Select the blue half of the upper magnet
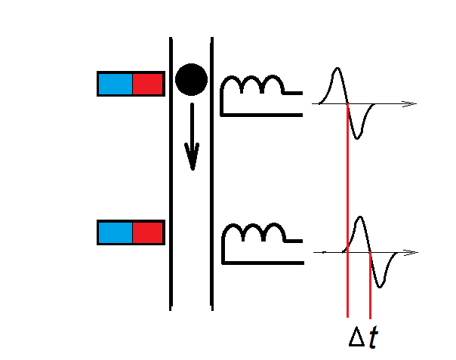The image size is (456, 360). [115, 83]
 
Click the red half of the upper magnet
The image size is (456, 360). [148, 83]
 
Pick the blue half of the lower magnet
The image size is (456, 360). [115, 232]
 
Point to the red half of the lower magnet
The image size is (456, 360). [148, 232]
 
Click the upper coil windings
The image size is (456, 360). [252, 86]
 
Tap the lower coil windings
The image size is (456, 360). [252, 235]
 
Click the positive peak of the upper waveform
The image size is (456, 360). [337, 70]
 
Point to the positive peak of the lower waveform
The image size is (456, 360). [361, 219]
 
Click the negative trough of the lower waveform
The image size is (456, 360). [383, 285]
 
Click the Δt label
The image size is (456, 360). [362, 337]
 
